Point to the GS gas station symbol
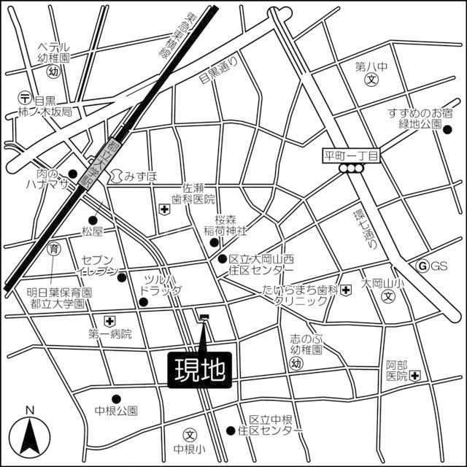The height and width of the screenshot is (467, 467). [421, 266]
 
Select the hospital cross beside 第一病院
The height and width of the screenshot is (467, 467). [109, 320]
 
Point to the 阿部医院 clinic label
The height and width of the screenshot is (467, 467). [396, 370]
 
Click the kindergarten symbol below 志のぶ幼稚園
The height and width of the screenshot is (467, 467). [296, 363]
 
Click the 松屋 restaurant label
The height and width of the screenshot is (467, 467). [94, 231]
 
